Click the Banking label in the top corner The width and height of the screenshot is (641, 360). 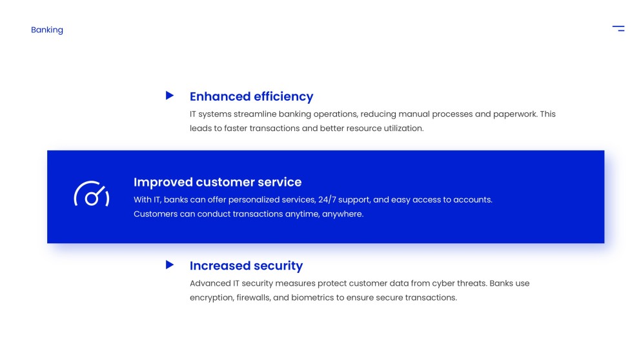[x=47, y=30]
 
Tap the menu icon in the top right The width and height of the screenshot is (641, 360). [x=618, y=28]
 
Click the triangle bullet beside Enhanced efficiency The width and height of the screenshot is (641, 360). [x=170, y=95]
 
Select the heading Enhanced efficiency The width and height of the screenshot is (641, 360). [x=251, y=96]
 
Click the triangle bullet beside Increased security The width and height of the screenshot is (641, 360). [x=170, y=265]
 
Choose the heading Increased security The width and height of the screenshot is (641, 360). [x=246, y=265]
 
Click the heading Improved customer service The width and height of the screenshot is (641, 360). [x=218, y=182]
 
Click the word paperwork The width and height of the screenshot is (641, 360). [x=514, y=114]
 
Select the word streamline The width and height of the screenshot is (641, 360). [x=254, y=114]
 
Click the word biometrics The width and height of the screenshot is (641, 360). [x=312, y=297]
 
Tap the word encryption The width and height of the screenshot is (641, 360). [x=209, y=297]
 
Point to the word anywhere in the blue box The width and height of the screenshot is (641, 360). [x=343, y=214]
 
